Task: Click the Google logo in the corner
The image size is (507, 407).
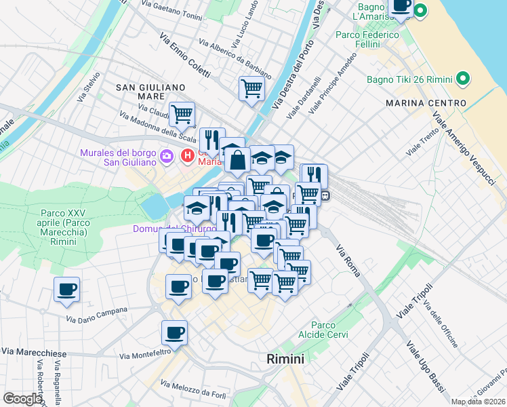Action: point(22,399)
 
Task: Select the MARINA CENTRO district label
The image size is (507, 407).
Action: point(426,102)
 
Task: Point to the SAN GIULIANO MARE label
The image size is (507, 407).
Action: point(150,92)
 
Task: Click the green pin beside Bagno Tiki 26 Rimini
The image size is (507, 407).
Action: point(464,79)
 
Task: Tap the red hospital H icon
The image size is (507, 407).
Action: point(188,157)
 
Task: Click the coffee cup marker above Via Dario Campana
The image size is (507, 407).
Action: point(67,290)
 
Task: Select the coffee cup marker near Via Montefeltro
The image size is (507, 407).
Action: point(174,333)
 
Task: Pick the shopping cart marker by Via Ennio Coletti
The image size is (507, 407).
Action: point(251,88)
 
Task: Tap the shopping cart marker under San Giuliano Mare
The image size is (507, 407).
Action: point(182,114)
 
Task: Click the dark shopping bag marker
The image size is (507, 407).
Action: point(239,161)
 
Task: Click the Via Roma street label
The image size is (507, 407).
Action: point(349,256)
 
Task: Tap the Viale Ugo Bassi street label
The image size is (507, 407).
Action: point(426,366)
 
